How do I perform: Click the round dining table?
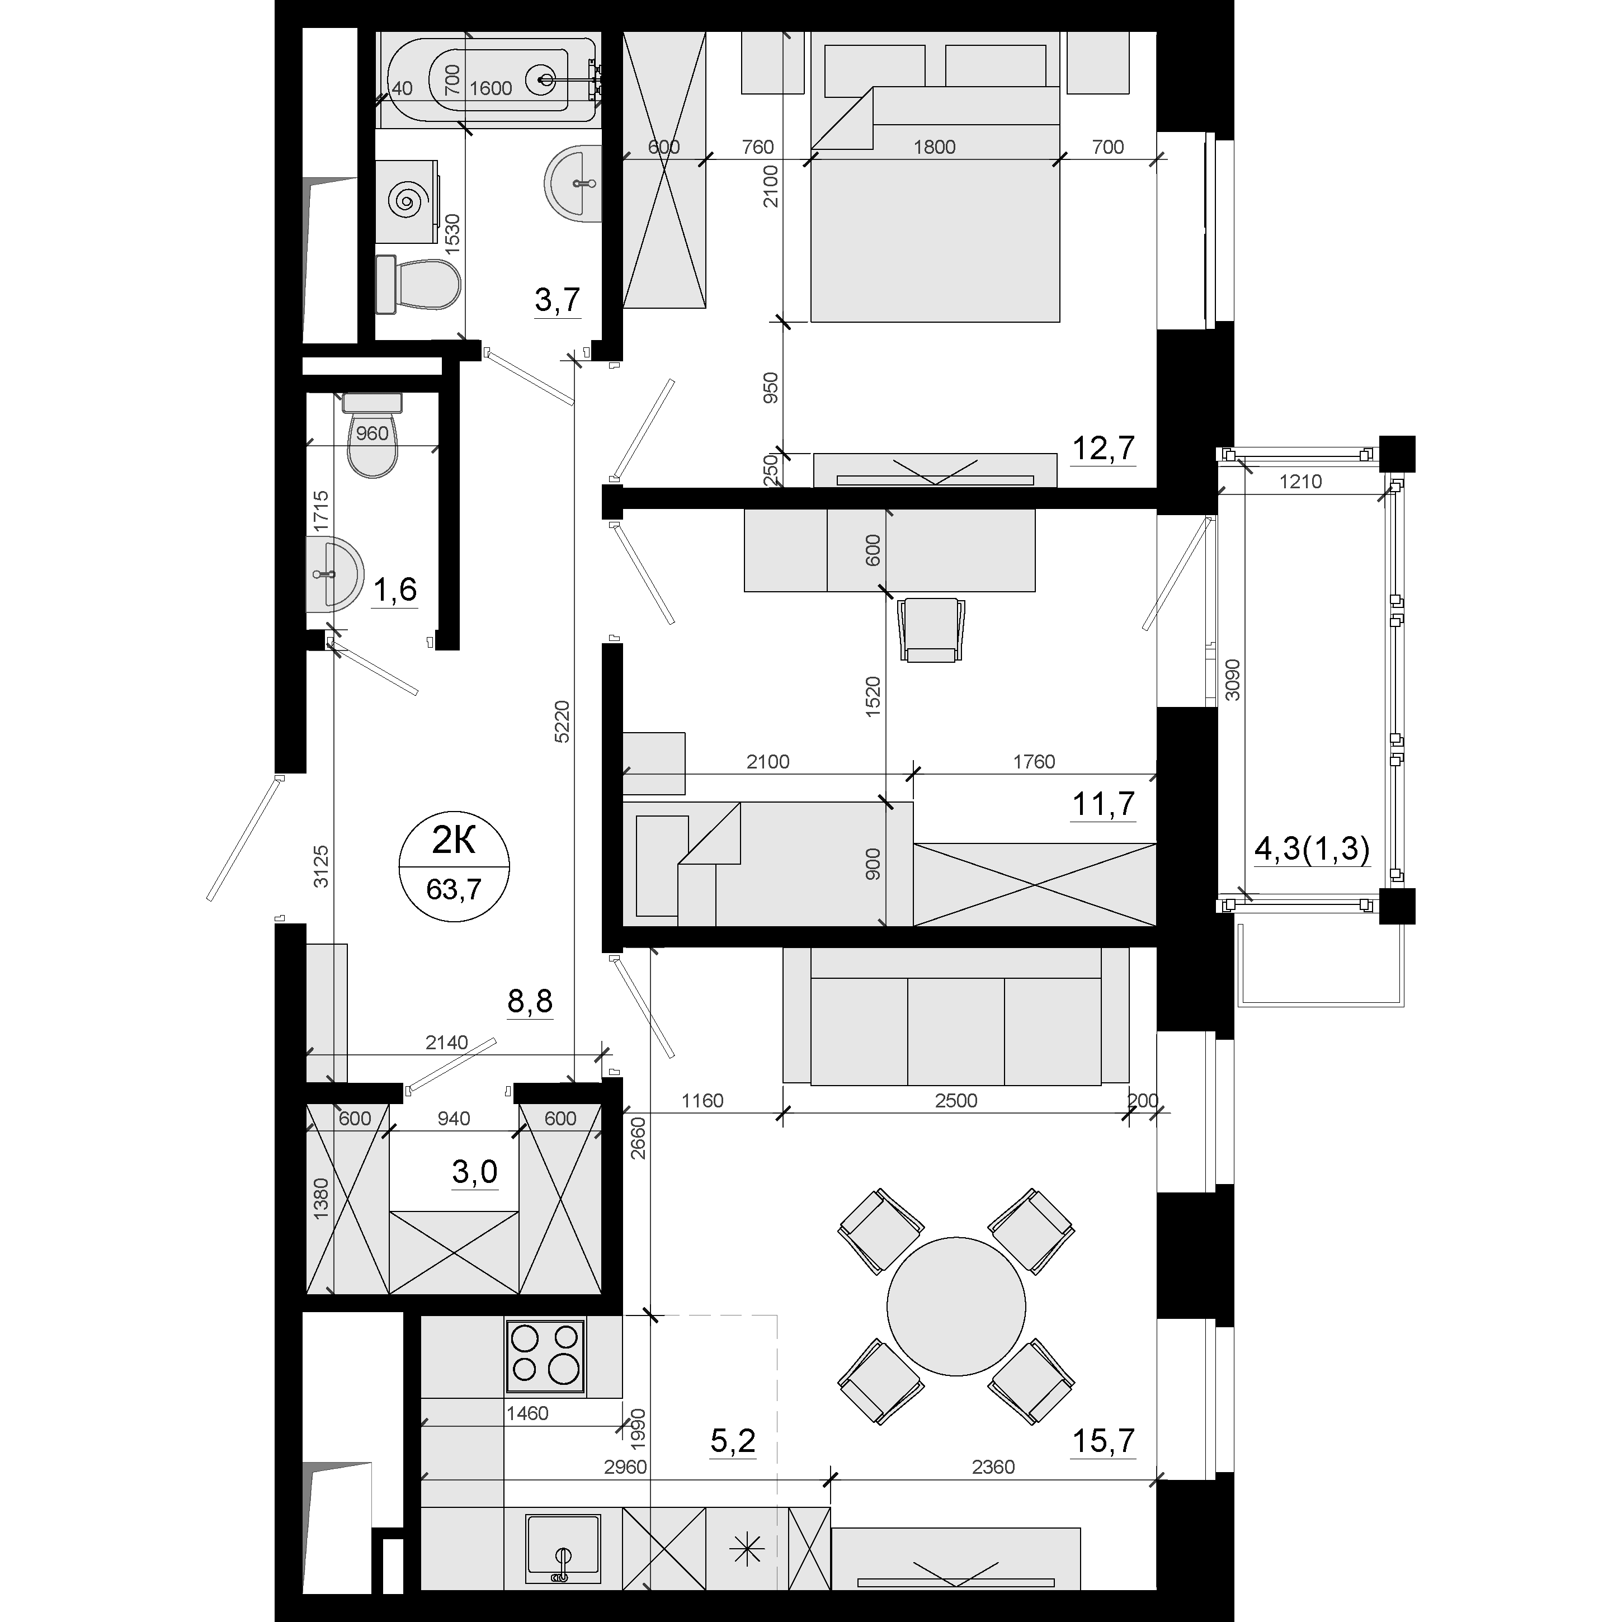pos(956,1307)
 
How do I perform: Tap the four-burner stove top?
pos(546,1357)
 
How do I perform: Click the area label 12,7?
pos(1103,449)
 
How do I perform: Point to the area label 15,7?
pos(1103,1441)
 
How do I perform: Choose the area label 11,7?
pos(1103,804)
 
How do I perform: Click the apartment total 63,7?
pos(454,888)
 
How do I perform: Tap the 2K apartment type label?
pos(454,840)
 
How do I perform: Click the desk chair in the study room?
pos(931,630)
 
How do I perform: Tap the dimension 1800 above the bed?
pos(935,147)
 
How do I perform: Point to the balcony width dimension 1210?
pos(1300,482)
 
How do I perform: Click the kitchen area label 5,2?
pos(733,1441)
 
